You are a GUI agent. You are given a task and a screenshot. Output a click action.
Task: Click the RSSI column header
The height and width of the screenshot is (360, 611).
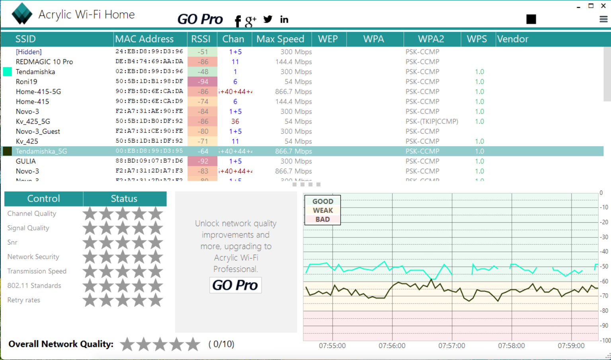click(201, 39)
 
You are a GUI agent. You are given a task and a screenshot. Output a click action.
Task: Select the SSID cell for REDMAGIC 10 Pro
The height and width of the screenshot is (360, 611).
click(44, 62)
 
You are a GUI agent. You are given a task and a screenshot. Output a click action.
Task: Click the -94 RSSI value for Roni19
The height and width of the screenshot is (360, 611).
click(203, 82)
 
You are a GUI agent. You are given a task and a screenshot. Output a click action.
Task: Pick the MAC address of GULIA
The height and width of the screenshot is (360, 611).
click(149, 161)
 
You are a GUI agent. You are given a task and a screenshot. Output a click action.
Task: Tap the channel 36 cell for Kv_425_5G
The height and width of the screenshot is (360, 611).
click(235, 121)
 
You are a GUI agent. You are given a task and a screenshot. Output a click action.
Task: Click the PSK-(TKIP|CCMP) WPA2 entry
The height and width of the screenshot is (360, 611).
click(431, 121)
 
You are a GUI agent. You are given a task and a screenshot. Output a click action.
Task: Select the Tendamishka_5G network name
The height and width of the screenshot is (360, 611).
click(41, 151)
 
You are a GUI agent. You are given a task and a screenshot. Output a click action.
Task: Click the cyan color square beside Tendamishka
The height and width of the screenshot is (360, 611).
click(8, 72)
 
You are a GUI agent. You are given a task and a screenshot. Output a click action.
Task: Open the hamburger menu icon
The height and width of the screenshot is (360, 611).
click(603, 19)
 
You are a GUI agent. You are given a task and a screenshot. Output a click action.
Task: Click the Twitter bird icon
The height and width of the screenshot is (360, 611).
click(268, 19)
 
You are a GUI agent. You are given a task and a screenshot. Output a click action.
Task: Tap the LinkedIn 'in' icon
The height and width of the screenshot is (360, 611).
click(284, 19)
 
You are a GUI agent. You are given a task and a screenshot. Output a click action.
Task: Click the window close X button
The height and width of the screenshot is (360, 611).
click(603, 6)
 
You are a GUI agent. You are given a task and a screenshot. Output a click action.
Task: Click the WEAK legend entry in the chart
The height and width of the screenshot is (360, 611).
click(322, 210)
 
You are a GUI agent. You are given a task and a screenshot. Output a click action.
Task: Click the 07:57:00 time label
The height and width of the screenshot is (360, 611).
click(451, 346)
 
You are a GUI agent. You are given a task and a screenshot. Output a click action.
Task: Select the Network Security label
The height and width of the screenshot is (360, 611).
click(33, 257)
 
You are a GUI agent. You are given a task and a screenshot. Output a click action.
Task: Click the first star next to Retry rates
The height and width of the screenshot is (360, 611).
click(90, 300)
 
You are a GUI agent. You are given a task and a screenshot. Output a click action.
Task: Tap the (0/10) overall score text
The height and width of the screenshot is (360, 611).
click(221, 344)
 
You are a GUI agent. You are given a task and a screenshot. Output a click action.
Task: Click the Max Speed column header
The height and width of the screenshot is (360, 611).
click(280, 39)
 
